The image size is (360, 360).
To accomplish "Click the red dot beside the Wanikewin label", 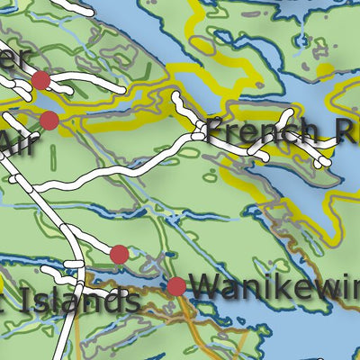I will pyautogui.click(x=176, y=287).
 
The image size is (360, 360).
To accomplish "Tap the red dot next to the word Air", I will pyautogui.click(x=49, y=121).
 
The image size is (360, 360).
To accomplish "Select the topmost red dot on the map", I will pyautogui.click(x=40, y=81).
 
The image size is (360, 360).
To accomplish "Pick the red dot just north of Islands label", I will pyautogui.click(x=119, y=255).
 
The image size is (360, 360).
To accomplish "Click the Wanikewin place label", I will pyautogui.click(x=274, y=288).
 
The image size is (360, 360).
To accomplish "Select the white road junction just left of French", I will pyautogui.click(x=197, y=135).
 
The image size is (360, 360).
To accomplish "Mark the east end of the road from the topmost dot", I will pyautogui.click(x=121, y=91).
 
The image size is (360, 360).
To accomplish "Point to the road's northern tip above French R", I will pyautogui.click(x=175, y=94).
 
